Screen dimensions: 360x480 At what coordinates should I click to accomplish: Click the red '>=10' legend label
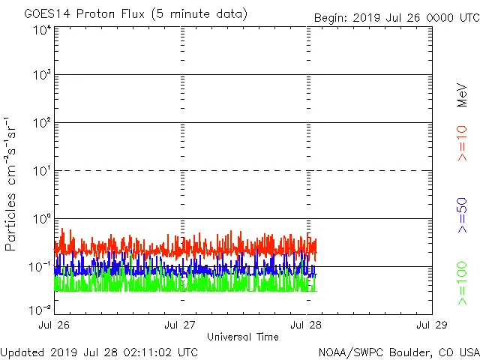(x=463, y=143)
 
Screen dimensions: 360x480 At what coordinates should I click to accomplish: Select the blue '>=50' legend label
(x=463, y=215)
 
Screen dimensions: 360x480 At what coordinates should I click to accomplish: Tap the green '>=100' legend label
(x=463, y=283)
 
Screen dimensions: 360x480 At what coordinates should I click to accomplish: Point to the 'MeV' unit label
(x=463, y=96)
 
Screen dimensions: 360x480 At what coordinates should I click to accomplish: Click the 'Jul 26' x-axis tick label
(x=55, y=325)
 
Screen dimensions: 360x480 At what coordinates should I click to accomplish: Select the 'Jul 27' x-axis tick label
(x=181, y=325)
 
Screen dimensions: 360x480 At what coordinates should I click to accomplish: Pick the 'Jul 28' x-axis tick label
(x=307, y=325)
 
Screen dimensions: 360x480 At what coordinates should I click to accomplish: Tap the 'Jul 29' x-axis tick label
(x=432, y=325)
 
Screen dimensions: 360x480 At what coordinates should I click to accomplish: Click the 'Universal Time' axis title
(x=243, y=337)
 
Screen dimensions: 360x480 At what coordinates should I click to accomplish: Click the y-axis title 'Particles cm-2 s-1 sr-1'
(x=11, y=184)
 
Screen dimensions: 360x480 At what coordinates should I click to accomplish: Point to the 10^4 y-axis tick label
(x=41, y=31)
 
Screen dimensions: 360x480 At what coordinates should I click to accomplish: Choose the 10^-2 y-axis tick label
(x=40, y=310)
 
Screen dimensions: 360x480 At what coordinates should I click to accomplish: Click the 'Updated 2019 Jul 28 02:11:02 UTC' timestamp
(x=100, y=351)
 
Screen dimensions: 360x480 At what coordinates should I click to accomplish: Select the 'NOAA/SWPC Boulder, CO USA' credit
(x=398, y=351)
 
